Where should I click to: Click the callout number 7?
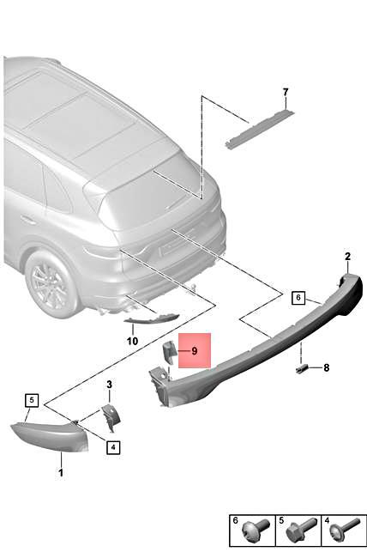point(286,92)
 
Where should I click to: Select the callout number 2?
point(347,256)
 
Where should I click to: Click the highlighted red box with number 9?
point(194,350)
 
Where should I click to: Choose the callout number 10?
point(131,341)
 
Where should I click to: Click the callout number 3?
point(110,384)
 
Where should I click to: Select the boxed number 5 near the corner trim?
point(32,399)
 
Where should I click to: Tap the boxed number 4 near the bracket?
point(112,446)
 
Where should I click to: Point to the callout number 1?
point(60,472)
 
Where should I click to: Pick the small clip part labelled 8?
point(302,367)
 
